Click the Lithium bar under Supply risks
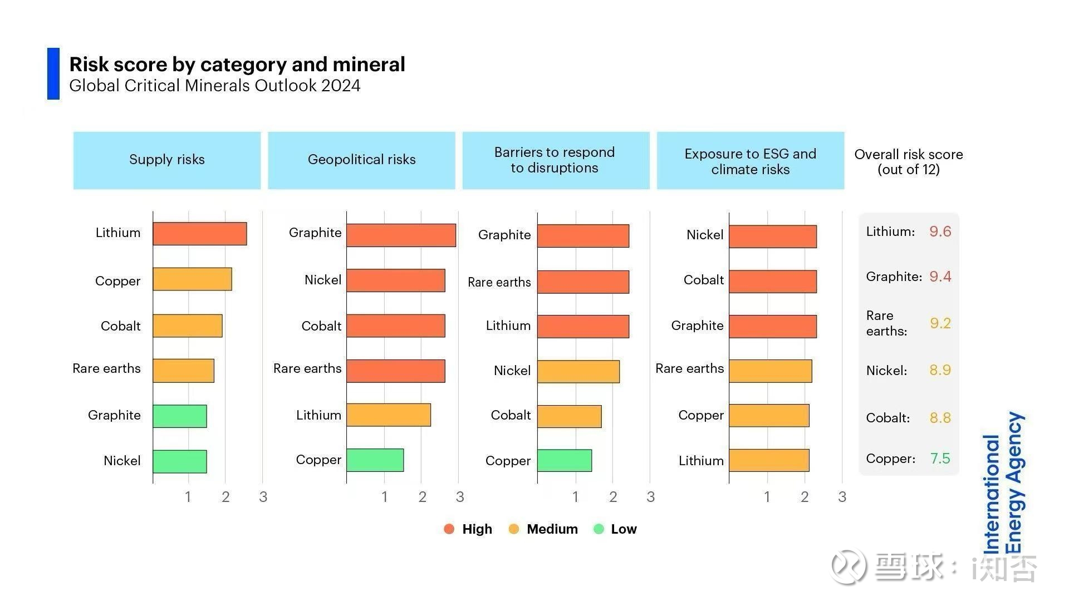[x=199, y=234]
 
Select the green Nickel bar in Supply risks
[x=179, y=461]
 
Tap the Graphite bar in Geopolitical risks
[x=401, y=235]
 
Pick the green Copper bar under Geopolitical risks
[x=375, y=460]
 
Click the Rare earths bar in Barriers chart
[x=583, y=282]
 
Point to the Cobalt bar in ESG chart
[x=772, y=282]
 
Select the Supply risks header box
[x=167, y=160]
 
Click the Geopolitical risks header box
[x=361, y=160]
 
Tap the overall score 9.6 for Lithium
[x=940, y=231]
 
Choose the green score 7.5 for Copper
[x=940, y=459]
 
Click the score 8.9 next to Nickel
[x=940, y=370]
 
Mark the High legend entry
[x=468, y=529]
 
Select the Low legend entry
[x=615, y=529]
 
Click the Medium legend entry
[x=543, y=529]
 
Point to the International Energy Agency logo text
[x=1003, y=483]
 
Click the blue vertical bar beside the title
[x=53, y=73]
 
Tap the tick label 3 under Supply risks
[x=263, y=497]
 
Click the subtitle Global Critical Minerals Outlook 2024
[x=215, y=86]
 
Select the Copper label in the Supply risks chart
[x=117, y=281]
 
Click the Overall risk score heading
[x=909, y=162]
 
